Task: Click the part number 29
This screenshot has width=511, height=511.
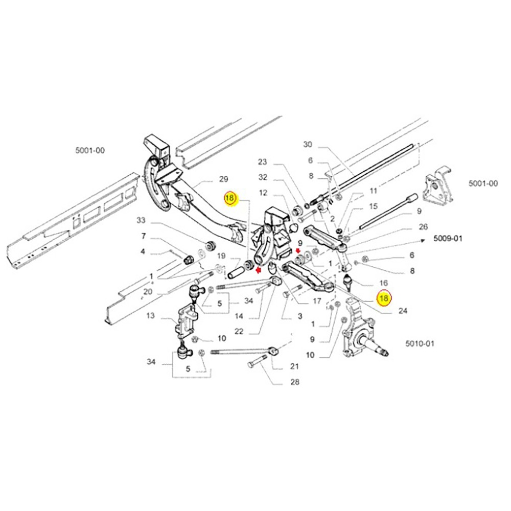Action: pyautogui.click(x=223, y=179)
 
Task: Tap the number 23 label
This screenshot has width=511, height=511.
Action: pyautogui.click(x=263, y=162)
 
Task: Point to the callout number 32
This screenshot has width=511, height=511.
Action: pyautogui.click(x=263, y=177)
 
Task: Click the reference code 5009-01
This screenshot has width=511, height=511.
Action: pyautogui.click(x=448, y=238)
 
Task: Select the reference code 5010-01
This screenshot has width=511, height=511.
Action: pyautogui.click(x=420, y=343)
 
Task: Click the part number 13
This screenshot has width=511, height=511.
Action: pyautogui.click(x=150, y=316)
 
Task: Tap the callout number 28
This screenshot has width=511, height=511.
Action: pyautogui.click(x=295, y=382)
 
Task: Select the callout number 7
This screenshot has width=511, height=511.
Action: pyautogui.click(x=144, y=236)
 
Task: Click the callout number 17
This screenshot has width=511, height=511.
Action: pyautogui.click(x=316, y=301)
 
